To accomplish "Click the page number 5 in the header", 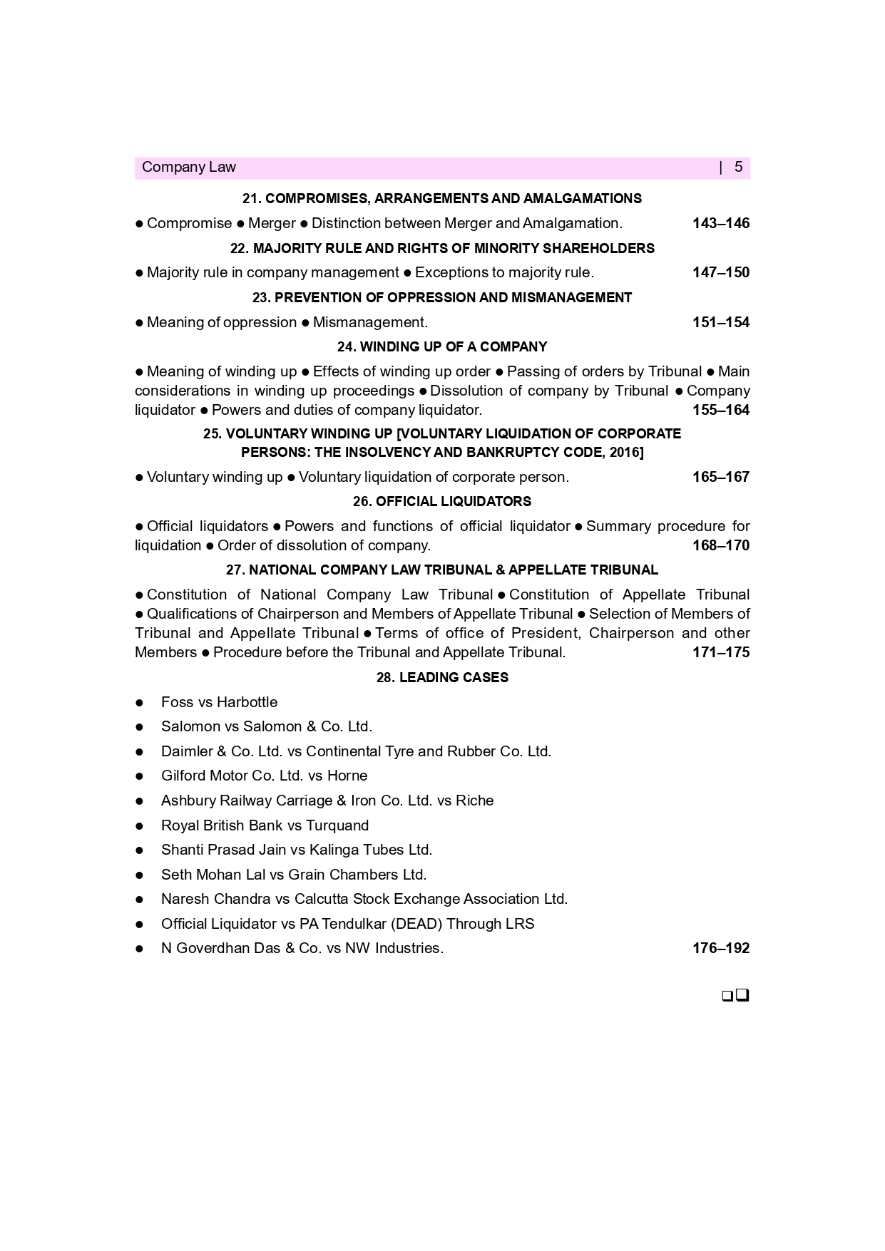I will tap(738, 167).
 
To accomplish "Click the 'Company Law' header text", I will tap(188, 167).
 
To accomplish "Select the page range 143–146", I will tap(720, 223).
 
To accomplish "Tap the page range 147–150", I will tap(720, 272).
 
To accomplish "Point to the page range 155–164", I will tap(720, 410).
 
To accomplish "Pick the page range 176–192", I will tap(720, 948).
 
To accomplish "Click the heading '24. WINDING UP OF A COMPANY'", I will tap(442, 346).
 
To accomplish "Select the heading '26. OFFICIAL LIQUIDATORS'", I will tap(442, 501).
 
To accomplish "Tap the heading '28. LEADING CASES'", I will tap(442, 677).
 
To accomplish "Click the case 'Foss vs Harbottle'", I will tap(219, 702).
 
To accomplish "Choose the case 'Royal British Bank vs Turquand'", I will tap(265, 825).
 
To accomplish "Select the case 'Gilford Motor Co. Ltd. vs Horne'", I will tap(264, 776).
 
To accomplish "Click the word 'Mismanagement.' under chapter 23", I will tap(370, 322).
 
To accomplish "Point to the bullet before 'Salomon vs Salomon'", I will tap(140, 727).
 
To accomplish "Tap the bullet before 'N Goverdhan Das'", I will tap(140, 949).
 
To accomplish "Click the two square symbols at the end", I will tap(735, 995).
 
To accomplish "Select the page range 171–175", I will tap(720, 652).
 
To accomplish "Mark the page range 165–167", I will tap(720, 477).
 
